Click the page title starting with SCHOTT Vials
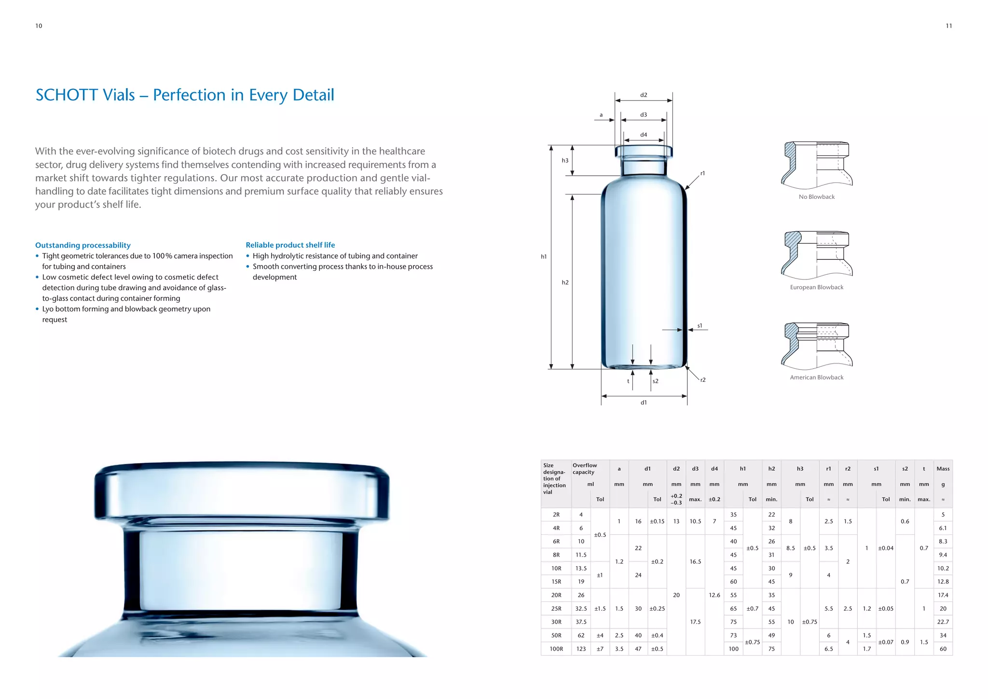pyautogui.click(x=185, y=95)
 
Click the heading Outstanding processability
pyautogui.click(x=83, y=245)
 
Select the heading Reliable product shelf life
pyautogui.click(x=290, y=245)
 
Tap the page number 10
pyautogui.click(x=39, y=26)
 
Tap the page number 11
pyautogui.click(x=948, y=26)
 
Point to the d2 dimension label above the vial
pyautogui.click(x=644, y=95)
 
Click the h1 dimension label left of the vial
pyautogui.click(x=544, y=257)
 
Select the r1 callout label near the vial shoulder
pyautogui.click(x=702, y=173)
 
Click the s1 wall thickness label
pyautogui.click(x=700, y=326)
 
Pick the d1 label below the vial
pyautogui.click(x=644, y=403)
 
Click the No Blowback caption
pyautogui.click(x=816, y=197)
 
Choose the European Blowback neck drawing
pyautogui.click(x=816, y=254)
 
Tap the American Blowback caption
pyautogui.click(x=816, y=377)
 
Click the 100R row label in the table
pyautogui.click(x=556, y=649)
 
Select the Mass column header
pyautogui.click(x=943, y=469)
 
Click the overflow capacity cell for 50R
pyautogui.click(x=581, y=635)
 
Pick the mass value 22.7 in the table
pyautogui.click(x=943, y=622)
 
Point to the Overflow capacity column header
pyautogui.click(x=585, y=469)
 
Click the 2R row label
pyautogui.click(x=556, y=515)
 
